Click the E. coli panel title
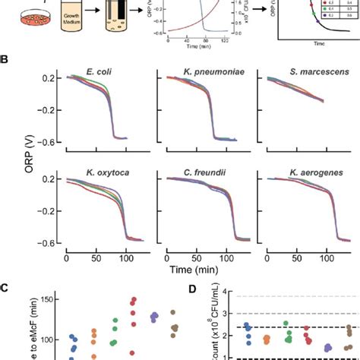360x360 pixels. [x=102, y=76]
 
